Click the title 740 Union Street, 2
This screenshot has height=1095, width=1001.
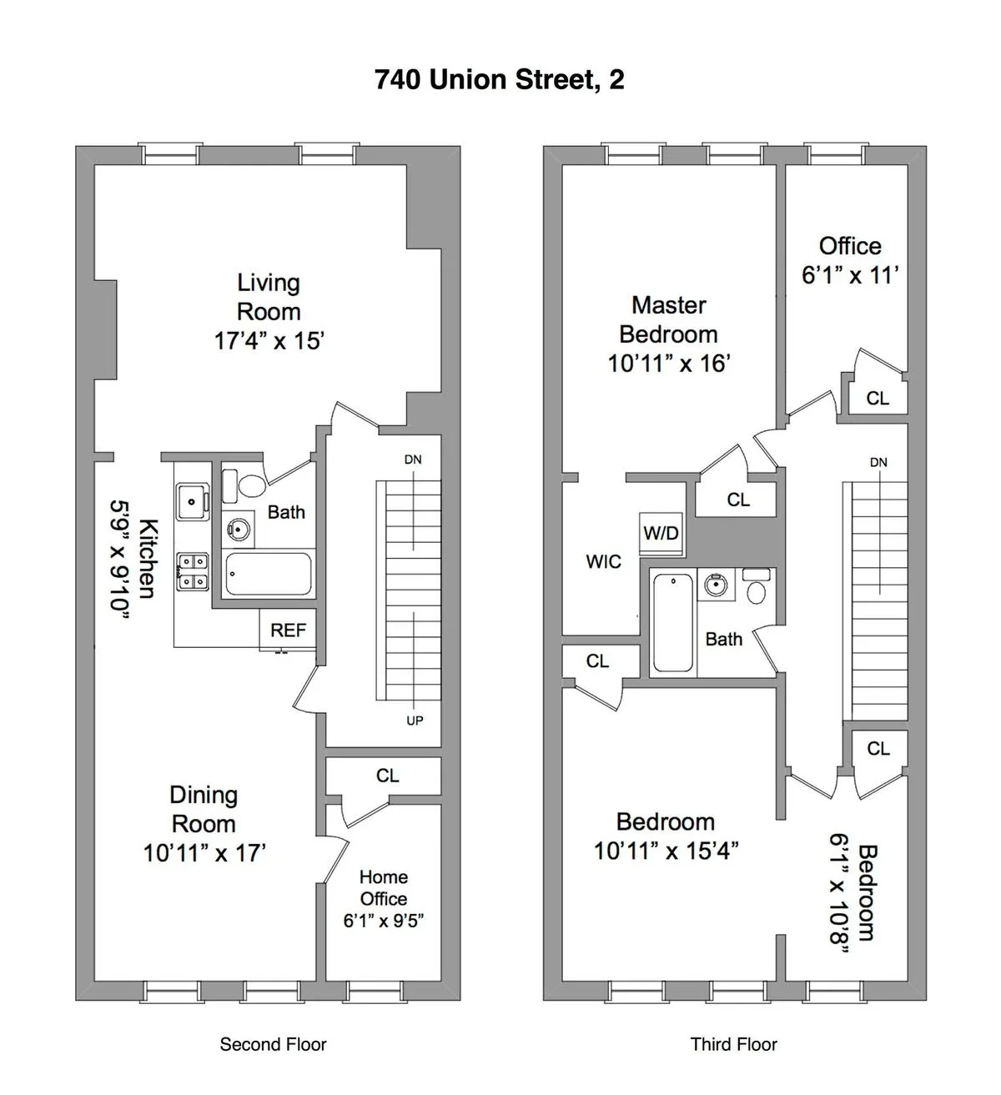click(499, 80)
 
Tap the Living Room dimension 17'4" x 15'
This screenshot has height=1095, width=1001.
click(269, 341)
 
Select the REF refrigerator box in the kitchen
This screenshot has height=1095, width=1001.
click(288, 630)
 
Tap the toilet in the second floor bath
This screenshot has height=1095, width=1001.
click(250, 485)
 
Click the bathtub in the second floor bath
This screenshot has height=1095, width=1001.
click(269, 574)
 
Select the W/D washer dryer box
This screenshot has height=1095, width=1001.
click(661, 533)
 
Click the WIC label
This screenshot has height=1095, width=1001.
click(603, 561)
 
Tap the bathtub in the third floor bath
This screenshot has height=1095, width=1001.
click(672, 622)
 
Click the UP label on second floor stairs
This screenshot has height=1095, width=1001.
click(415, 721)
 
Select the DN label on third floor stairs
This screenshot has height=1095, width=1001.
click(878, 462)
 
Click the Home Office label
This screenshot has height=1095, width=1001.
click(384, 887)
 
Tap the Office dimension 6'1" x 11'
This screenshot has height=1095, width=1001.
click(849, 275)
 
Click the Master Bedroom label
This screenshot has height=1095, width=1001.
click(668, 319)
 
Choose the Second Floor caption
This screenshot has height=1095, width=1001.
click(273, 1044)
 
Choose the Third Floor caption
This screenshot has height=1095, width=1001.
click(733, 1044)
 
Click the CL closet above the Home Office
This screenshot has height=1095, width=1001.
click(387, 776)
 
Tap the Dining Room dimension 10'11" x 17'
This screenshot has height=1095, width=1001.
click(204, 853)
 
